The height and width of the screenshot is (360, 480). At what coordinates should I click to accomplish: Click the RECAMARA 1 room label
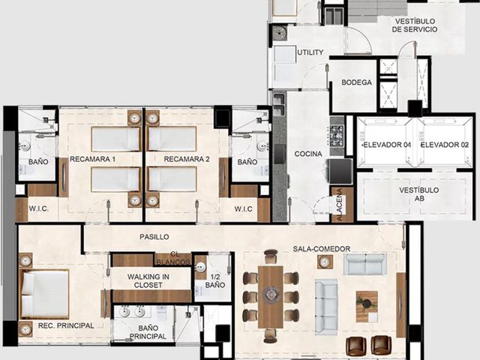click(x=93, y=159)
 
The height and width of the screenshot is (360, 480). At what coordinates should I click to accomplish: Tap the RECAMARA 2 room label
click(x=187, y=159)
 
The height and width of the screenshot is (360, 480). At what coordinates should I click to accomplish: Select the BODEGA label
click(x=357, y=82)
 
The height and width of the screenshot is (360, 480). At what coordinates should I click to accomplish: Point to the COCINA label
click(x=308, y=154)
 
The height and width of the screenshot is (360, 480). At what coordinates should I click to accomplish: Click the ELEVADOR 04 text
click(x=387, y=145)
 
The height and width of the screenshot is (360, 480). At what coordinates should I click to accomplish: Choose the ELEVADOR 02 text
click(x=445, y=145)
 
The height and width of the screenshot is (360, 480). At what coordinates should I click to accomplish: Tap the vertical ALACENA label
click(x=340, y=205)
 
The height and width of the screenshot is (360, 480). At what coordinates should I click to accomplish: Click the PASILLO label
click(x=154, y=237)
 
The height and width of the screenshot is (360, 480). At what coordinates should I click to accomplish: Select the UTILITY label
click(x=310, y=52)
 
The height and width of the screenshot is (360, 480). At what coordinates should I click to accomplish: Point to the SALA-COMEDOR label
click(x=322, y=249)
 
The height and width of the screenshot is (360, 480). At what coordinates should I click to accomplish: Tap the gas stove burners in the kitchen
click(x=337, y=135)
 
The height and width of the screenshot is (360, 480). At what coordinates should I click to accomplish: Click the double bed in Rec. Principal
click(x=43, y=295)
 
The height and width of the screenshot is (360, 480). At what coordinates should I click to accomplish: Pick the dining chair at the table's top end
click(x=271, y=256)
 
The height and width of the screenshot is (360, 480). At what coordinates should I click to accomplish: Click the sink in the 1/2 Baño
click(x=201, y=267)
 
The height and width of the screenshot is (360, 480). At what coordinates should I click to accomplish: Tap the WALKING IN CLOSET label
click(x=148, y=280)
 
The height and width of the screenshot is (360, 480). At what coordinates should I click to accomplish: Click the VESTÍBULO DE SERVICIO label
click(x=415, y=25)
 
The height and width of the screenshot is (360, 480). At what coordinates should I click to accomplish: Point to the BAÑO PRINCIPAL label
click(x=148, y=332)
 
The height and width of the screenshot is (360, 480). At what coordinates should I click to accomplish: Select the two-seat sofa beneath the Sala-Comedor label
click(x=365, y=265)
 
